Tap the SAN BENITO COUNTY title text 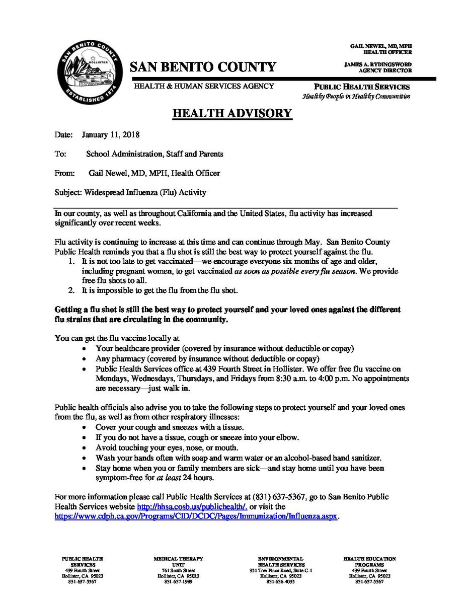click(x=203, y=66)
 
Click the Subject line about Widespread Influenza click(x=130, y=192)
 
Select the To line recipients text click(x=154, y=154)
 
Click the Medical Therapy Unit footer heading click(x=179, y=562)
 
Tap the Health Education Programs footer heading click(x=369, y=562)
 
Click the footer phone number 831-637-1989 click(x=179, y=581)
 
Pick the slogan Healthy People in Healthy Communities click(x=356, y=96)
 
